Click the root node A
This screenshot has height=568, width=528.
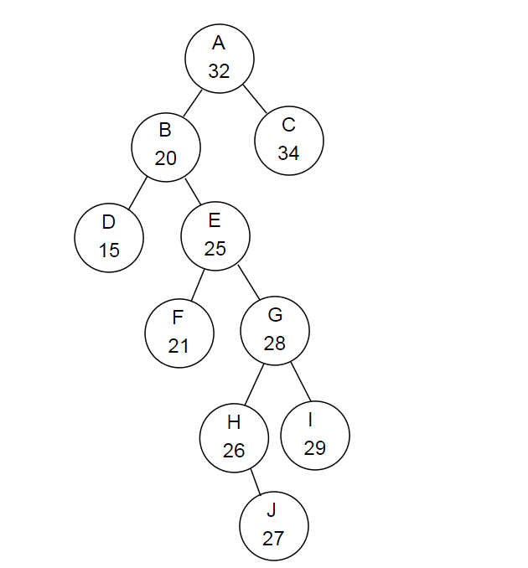(220, 58)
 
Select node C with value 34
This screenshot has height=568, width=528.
(289, 140)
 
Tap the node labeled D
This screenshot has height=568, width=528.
(109, 237)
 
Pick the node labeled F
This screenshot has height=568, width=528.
(179, 332)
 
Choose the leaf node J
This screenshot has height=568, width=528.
(273, 524)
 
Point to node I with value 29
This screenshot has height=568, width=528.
(315, 435)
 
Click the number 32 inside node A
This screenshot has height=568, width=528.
(219, 71)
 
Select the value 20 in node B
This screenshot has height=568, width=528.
(166, 158)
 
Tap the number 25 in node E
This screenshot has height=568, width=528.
(215, 249)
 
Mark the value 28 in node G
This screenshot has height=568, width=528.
(275, 343)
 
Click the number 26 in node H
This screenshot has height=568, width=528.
(234, 451)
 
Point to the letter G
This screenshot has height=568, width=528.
(275, 315)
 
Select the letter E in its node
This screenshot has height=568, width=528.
(215, 220)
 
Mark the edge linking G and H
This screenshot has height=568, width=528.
(256, 384)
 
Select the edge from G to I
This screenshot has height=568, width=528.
(301, 382)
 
